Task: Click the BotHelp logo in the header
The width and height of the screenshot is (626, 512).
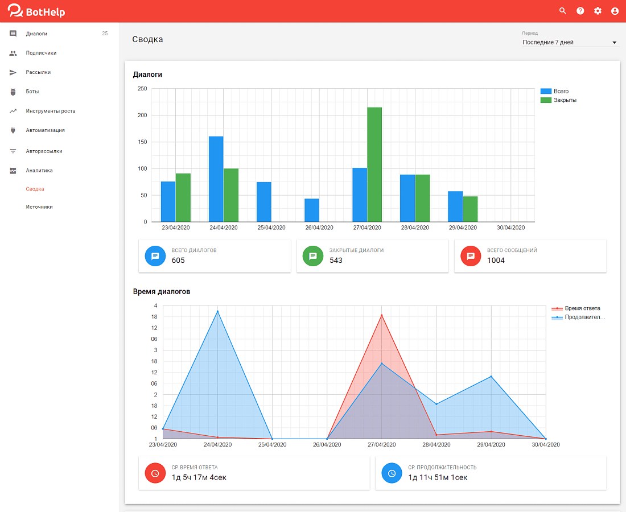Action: coord(36,11)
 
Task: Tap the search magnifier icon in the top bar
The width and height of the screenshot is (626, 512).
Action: coord(562,11)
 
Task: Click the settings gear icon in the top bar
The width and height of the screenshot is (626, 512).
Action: coord(598,11)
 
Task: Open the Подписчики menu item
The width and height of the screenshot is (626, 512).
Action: coord(41,53)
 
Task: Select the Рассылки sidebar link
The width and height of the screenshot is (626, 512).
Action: coord(38,72)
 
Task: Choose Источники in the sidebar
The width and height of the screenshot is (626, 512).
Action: coord(39,207)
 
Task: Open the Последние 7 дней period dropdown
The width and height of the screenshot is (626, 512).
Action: coord(570,42)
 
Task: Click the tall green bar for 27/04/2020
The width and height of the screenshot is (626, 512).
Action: coord(374,164)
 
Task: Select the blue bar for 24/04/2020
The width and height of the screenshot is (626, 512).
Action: coord(216,179)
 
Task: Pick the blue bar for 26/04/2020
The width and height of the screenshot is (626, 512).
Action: coord(312,210)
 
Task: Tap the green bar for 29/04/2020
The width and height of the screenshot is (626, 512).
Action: coord(470,209)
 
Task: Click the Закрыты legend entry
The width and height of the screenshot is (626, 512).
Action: coord(558,100)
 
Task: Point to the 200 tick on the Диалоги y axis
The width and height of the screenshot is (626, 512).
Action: coord(142,115)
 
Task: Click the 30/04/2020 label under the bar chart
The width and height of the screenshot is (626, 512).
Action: coord(510,228)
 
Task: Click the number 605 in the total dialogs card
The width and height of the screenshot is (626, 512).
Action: coord(178,260)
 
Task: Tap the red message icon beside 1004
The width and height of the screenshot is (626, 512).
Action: coord(471,256)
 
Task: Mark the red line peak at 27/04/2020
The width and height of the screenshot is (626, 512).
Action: coord(382,315)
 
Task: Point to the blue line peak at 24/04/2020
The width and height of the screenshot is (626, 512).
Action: coord(217,311)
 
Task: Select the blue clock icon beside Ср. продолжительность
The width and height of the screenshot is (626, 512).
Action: coord(392,473)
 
